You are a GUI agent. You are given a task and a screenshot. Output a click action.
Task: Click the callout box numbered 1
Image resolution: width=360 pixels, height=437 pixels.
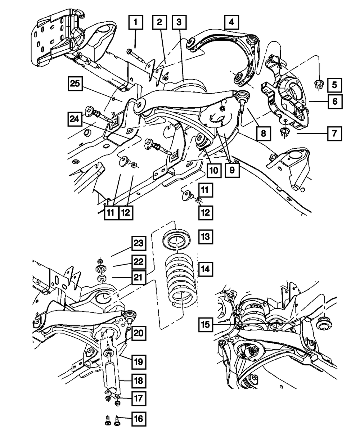[135, 23]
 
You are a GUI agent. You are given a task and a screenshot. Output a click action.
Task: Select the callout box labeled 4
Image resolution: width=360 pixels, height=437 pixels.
[231, 23]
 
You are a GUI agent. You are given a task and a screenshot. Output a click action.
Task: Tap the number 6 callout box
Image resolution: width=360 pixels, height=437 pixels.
[334, 102]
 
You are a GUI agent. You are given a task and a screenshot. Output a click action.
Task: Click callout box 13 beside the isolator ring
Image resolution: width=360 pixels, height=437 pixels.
[206, 237]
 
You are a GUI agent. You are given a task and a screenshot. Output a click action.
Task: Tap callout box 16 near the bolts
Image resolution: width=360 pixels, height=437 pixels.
[139, 419]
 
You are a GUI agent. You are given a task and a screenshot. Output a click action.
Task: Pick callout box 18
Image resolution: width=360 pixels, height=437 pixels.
[139, 379]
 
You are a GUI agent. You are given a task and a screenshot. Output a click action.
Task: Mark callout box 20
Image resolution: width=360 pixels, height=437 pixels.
[139, 334]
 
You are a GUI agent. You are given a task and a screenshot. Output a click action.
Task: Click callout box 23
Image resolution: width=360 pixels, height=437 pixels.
[139, 244]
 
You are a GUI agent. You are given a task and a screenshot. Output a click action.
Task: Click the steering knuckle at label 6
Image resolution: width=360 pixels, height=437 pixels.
[288, 101]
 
